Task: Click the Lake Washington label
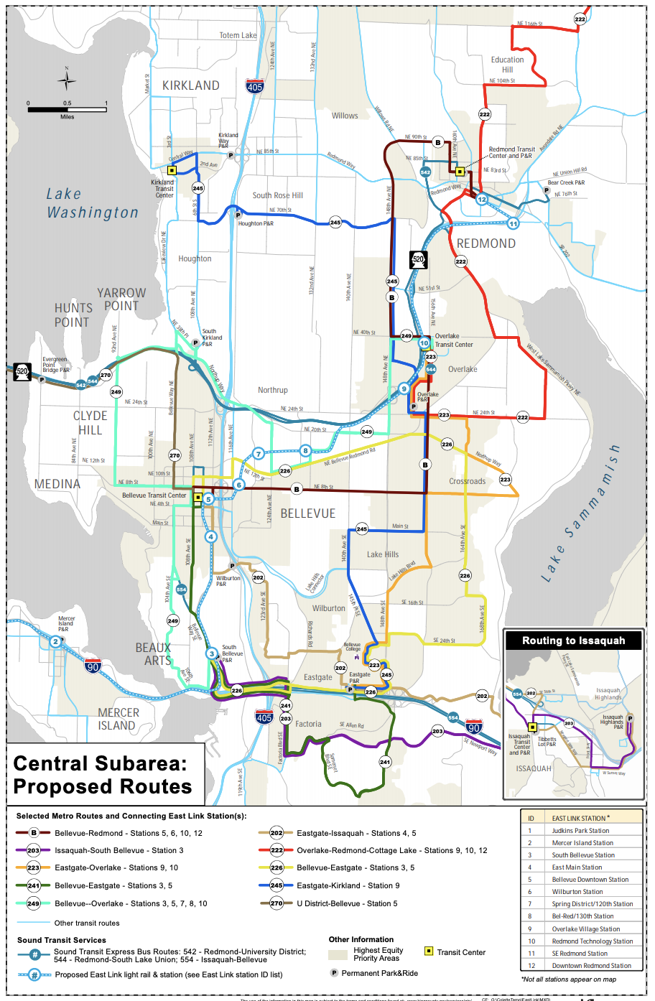[93, 203]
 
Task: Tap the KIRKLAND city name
[190, 85]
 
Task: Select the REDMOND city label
[486, 243]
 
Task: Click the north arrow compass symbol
[67, 80]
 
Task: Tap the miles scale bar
[67, 109]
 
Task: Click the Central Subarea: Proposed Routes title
[103, 775]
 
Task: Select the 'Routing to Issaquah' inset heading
[573, 641]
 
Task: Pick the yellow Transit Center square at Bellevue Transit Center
[198, 496]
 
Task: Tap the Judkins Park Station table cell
[580, 830]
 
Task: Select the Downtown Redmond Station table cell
[591, 965]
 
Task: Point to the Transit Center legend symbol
[429, 951]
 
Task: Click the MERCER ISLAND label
[118, 719]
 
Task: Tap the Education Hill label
[507, 65]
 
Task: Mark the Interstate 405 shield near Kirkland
[254, 86]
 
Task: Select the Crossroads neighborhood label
[467, 481]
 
